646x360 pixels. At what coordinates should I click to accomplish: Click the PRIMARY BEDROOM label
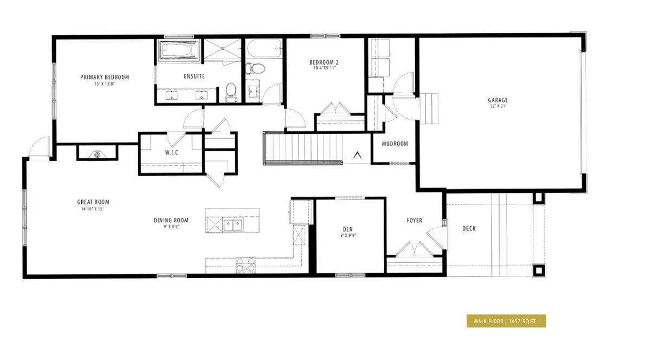(x=105, y=77)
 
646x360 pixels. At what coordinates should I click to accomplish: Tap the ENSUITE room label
(x=194, y=76)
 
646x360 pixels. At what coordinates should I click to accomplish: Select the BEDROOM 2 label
(x=324, y=62)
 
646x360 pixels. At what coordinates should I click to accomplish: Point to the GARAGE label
(x=498, y=100)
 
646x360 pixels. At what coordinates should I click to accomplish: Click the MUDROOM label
(x=395, y=144)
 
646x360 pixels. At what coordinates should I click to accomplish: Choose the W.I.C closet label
(x=171, y=152)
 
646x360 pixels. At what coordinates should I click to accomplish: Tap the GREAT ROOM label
(x=93, y=202)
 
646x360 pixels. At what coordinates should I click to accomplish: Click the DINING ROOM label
(x=171, y=220)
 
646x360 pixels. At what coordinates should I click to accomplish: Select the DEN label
(x=348, y=229)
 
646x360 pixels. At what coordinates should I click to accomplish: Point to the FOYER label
(x=415, y=221)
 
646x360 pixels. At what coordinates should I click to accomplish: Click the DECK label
(x=469, y=228)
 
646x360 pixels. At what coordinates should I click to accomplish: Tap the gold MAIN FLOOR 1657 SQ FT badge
(x=506, y=321)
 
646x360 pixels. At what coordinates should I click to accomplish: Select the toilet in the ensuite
(x=231, y=92)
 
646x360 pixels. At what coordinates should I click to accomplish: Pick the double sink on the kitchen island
(x=233, y=225)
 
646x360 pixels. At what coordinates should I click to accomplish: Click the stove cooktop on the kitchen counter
(x=246, y=265)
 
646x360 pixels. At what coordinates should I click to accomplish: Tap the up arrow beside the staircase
(x=357, y=155)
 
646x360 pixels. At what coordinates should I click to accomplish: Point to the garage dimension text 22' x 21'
(x=498, y=106)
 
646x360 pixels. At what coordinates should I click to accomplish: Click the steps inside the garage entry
(x=429, y=108)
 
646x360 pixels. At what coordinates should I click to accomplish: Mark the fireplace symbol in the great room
(x=97, y=155)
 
